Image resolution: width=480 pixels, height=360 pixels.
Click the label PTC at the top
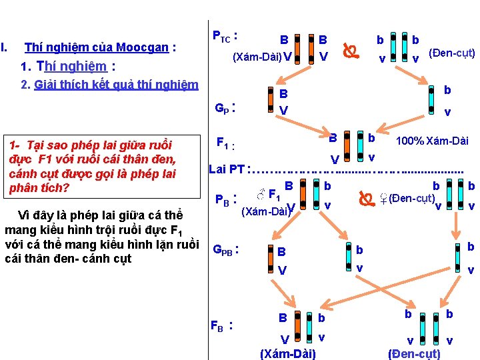pos(225,35)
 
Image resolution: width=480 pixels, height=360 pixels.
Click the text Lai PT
pos(226,169)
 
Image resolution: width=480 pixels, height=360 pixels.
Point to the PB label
pos(226,199)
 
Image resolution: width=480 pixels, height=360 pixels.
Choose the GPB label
pos(226,250)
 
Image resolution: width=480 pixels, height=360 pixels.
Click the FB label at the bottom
pos(221,326)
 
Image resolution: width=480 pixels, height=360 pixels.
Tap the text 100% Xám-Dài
pos(431,141)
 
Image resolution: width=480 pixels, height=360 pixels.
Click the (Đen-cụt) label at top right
pos(451,52)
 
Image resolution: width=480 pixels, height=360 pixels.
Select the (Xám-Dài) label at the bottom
pos(288,353)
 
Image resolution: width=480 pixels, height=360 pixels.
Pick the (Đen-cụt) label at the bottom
pos(414,353)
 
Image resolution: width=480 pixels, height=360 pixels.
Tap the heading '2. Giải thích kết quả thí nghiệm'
pos(109,85)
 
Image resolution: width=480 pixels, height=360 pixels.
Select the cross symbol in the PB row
pos(365,199)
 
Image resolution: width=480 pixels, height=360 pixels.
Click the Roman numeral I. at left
pos(5,47)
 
